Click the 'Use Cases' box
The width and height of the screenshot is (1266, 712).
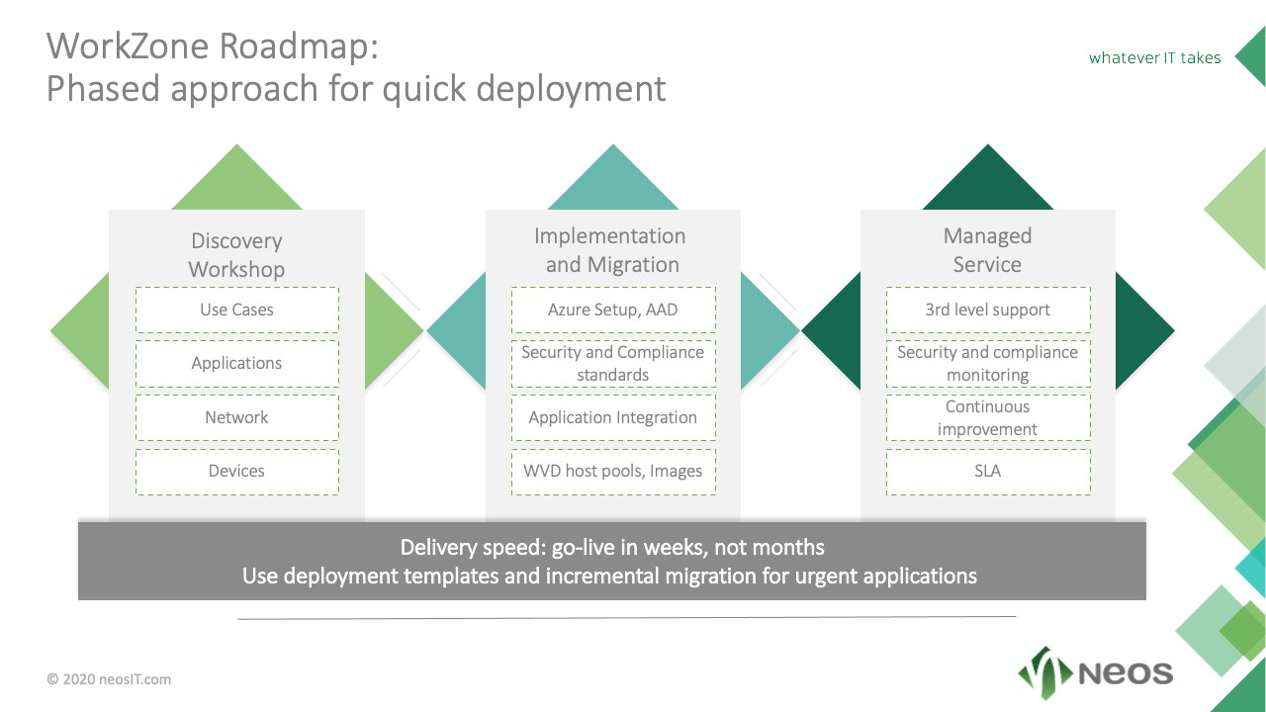tap(236, 310)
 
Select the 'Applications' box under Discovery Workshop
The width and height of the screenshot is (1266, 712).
tap(236, 363)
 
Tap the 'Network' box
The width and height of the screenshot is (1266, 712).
tap(236, 417)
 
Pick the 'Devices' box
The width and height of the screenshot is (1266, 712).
tap(236, 471)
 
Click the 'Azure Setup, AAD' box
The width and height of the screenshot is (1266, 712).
tap(613, 310)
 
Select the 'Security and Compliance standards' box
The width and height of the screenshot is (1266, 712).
tap(613, 363)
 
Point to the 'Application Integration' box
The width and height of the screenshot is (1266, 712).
tap(613, 417)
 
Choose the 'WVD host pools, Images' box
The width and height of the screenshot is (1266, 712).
tap(613, 471)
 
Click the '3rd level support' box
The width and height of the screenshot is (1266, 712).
tap(988, 310)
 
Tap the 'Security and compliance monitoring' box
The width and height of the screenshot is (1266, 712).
tap(988, 363)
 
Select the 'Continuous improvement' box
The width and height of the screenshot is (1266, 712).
tap(988, 417)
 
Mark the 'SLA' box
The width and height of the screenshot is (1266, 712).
tap(988, 471)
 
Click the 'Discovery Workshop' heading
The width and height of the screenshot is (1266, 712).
tap(236, 255)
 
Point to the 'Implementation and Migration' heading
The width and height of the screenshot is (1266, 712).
tap(611, 250)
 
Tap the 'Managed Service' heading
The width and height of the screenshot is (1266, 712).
tap(987, 250)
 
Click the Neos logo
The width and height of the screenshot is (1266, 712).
tap(1095, 673)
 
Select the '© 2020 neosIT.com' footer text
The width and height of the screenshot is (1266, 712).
tap(109, 679)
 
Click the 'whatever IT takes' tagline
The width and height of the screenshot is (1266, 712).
tap(1154, 57)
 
